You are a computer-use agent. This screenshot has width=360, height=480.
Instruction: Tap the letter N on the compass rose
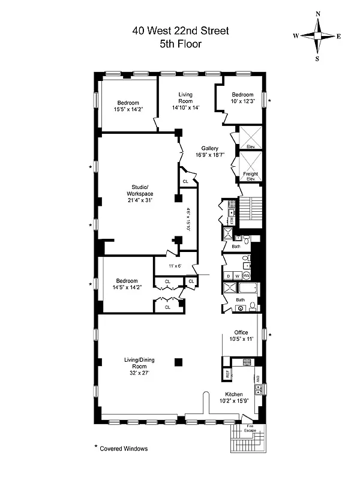tap(317, 14)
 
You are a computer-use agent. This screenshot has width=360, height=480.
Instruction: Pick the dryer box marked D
tap(227, 275)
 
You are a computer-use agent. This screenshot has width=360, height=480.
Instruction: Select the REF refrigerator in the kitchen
tap(227, 373)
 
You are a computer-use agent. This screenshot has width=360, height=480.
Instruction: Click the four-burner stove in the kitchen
tap(247, 362)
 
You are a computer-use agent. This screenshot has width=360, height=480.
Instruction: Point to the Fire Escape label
tap(250, 428)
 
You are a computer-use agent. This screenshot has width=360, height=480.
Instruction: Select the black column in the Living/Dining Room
tap(178, 362)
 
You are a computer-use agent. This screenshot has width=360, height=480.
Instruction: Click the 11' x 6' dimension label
tap(173, 265)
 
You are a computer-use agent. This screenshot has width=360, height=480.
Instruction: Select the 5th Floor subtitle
tap(179, 44)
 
